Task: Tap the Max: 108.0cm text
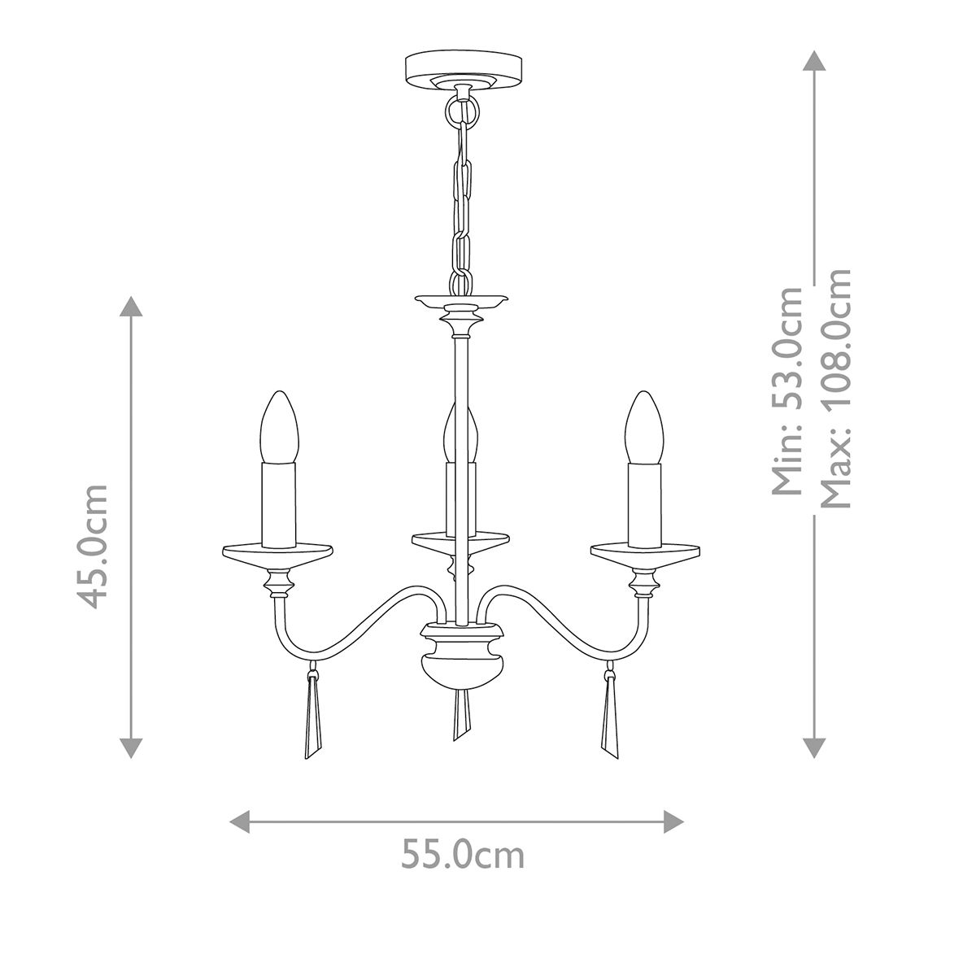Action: [x=836, y=389]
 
